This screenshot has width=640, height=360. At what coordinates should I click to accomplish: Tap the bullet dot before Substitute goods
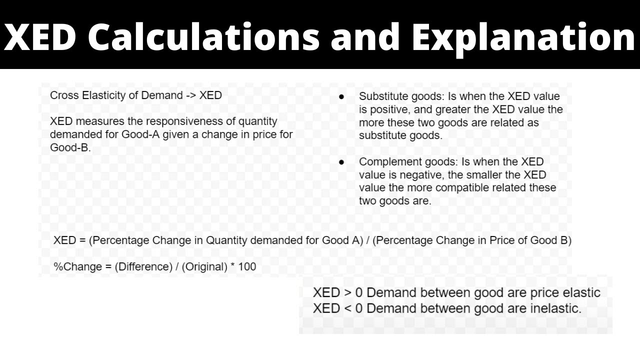(x=341, y=96)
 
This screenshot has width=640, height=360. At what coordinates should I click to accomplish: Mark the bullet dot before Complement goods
(x=341, y=162)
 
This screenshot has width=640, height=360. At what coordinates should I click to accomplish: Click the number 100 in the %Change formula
(x=247, y=267)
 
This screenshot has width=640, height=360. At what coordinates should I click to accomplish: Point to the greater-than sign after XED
(x=348, y=293)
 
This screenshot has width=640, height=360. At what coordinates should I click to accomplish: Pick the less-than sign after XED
(x=348, y=308)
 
